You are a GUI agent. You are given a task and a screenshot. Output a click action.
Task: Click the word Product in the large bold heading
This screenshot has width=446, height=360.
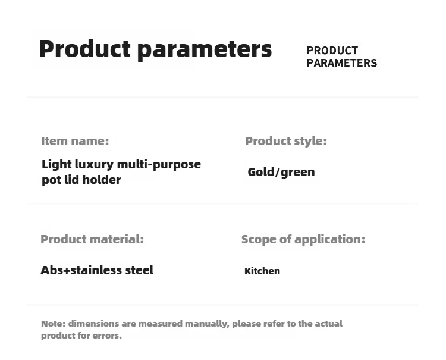click(x=85, y=49)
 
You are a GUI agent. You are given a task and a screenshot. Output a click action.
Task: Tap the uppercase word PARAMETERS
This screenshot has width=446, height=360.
click(x=341, y=63)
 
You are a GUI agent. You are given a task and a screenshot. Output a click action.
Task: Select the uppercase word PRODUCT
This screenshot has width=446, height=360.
click(x=332, y=51)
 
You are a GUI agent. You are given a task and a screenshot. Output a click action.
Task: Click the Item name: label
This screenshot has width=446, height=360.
click(x=75, y=141)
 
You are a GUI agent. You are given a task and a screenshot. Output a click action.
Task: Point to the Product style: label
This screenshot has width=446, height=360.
click(x=286, y=141)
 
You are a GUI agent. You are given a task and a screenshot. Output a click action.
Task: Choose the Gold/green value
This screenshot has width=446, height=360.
click(x=281, y=172)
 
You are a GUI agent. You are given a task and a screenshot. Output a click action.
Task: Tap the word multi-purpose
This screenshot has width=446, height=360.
click(x=159, y=165)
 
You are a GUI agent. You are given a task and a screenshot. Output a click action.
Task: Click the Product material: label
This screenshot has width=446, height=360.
click(x=92, y=239)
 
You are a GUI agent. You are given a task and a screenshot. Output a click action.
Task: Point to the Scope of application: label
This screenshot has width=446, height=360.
click(x=303, y=240)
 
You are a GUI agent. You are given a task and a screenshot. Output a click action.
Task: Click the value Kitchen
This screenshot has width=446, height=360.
click(x=262, y=271)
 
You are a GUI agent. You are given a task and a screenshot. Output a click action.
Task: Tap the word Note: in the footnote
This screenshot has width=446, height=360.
click(x=54, y=324)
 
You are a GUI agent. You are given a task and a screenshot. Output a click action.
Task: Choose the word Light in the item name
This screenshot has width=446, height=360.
click(x=56, y=165)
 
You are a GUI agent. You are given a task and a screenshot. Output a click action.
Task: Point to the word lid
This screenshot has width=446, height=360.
click(x=72, y=180)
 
